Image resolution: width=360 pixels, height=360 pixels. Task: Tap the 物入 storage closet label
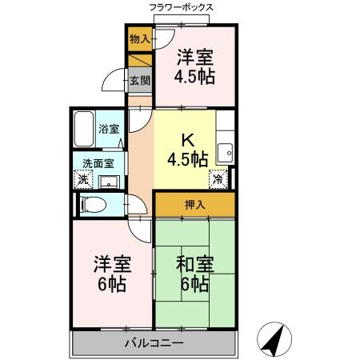(138, 38)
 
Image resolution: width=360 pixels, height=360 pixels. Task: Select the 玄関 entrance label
(139, 81)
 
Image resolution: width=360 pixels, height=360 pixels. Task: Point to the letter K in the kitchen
(186, 138)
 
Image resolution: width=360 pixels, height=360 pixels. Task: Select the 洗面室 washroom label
(98, 163)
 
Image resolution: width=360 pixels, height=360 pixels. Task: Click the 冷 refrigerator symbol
(218, 179)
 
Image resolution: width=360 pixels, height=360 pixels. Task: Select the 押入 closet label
(195, 205)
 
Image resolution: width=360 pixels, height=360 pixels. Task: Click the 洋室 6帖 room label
(112, 274)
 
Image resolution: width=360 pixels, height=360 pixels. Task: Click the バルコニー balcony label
(154, 343)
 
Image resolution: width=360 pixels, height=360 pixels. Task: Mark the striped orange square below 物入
(139, 61)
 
